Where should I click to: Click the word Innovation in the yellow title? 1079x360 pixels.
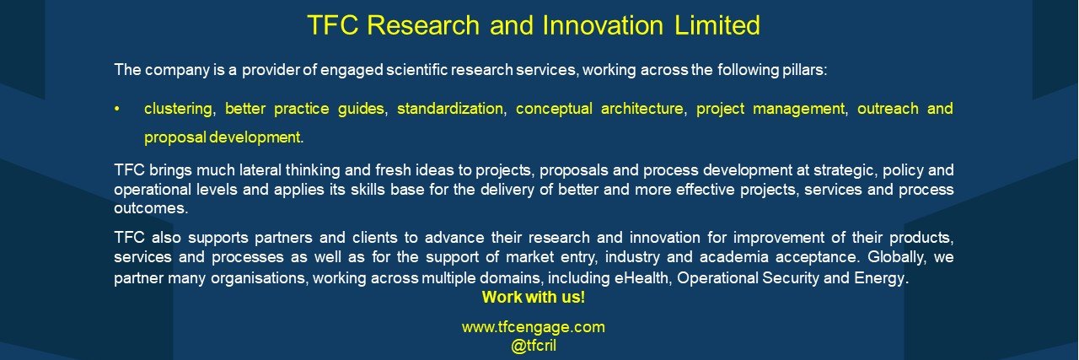pyautogui.click(x=603, y=25)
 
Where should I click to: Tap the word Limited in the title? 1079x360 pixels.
pyautogui.click(x=717, y=25)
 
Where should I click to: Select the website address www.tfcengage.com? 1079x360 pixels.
pyautogui.click(x=534, y=327)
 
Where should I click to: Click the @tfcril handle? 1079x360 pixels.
pyautogui.click(x=534, y=346)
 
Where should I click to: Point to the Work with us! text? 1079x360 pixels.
pyautogui.click(x=534, y=297)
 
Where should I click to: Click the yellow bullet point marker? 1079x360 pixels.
pyautogui.click(x=116, y=110)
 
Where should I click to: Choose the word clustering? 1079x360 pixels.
pyautogui.click(x=178, y=109)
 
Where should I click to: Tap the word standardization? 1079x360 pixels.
pyautogui.click(x=450, y=109)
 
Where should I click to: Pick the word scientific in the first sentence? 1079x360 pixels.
pyautogui.click(x=417, y=70)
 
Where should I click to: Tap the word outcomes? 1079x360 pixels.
pyautogui.click(x=150, y=208)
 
